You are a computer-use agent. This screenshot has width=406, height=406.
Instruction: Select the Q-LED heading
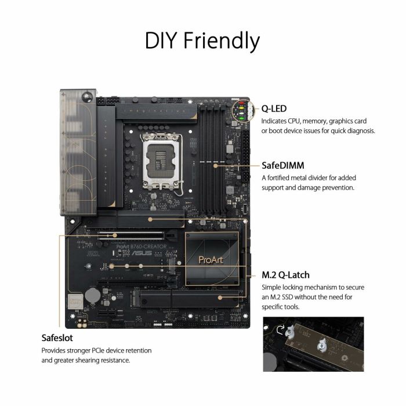point(274,108)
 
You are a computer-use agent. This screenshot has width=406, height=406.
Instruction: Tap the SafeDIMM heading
point(282,165)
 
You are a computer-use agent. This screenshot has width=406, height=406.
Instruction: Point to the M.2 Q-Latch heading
point(285,275)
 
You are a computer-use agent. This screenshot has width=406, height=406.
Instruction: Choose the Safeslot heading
point(57,338)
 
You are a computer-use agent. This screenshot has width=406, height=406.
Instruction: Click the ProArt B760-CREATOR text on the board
point(142,246)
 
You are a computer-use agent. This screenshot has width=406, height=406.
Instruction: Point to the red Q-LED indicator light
point(238,108)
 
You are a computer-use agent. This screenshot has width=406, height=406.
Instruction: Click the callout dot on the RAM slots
point(216,165)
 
